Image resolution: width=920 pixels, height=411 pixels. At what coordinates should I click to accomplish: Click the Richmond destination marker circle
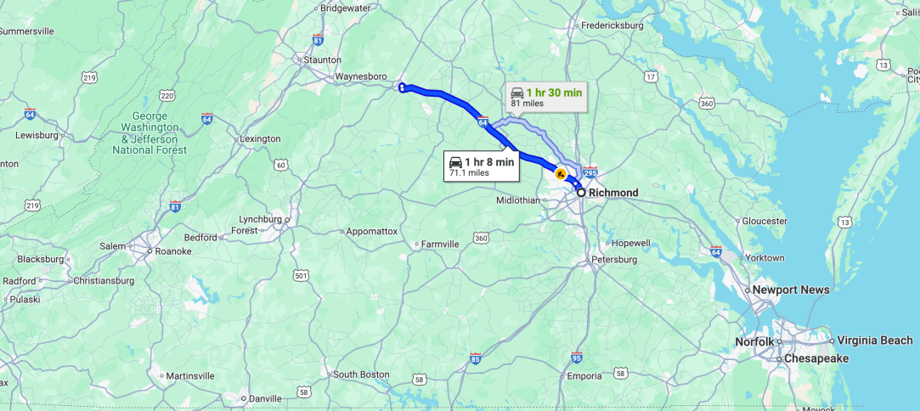(x=581, y=193)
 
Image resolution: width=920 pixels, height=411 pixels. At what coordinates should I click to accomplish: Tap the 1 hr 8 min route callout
(x=482, y=166)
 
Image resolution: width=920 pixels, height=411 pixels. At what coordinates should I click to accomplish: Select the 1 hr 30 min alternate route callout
(x=546, y=97)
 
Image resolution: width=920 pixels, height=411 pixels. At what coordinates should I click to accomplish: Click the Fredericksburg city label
(x=612, y=25)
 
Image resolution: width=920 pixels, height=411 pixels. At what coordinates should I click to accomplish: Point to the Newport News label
(x=791, y=290)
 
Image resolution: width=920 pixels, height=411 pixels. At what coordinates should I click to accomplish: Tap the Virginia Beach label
(x=874, y=340)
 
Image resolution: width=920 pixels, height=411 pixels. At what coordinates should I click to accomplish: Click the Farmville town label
(x=441, y=244)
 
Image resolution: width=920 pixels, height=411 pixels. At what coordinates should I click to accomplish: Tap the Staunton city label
(x=322, y=60)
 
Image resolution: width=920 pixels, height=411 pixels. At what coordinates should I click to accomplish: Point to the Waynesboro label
(x=361, y=76)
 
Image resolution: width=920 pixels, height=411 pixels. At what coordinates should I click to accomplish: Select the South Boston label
(x=361, y=374)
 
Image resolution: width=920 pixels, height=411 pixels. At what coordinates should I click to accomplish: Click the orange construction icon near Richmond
(x=561, y=173)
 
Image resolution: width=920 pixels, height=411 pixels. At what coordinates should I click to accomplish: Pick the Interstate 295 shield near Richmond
(x=590, y=172)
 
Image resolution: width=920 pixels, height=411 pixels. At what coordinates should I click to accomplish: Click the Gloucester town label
(x=764, y=221)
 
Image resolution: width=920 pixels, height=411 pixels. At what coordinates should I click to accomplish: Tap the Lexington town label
(x=260, y=138)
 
